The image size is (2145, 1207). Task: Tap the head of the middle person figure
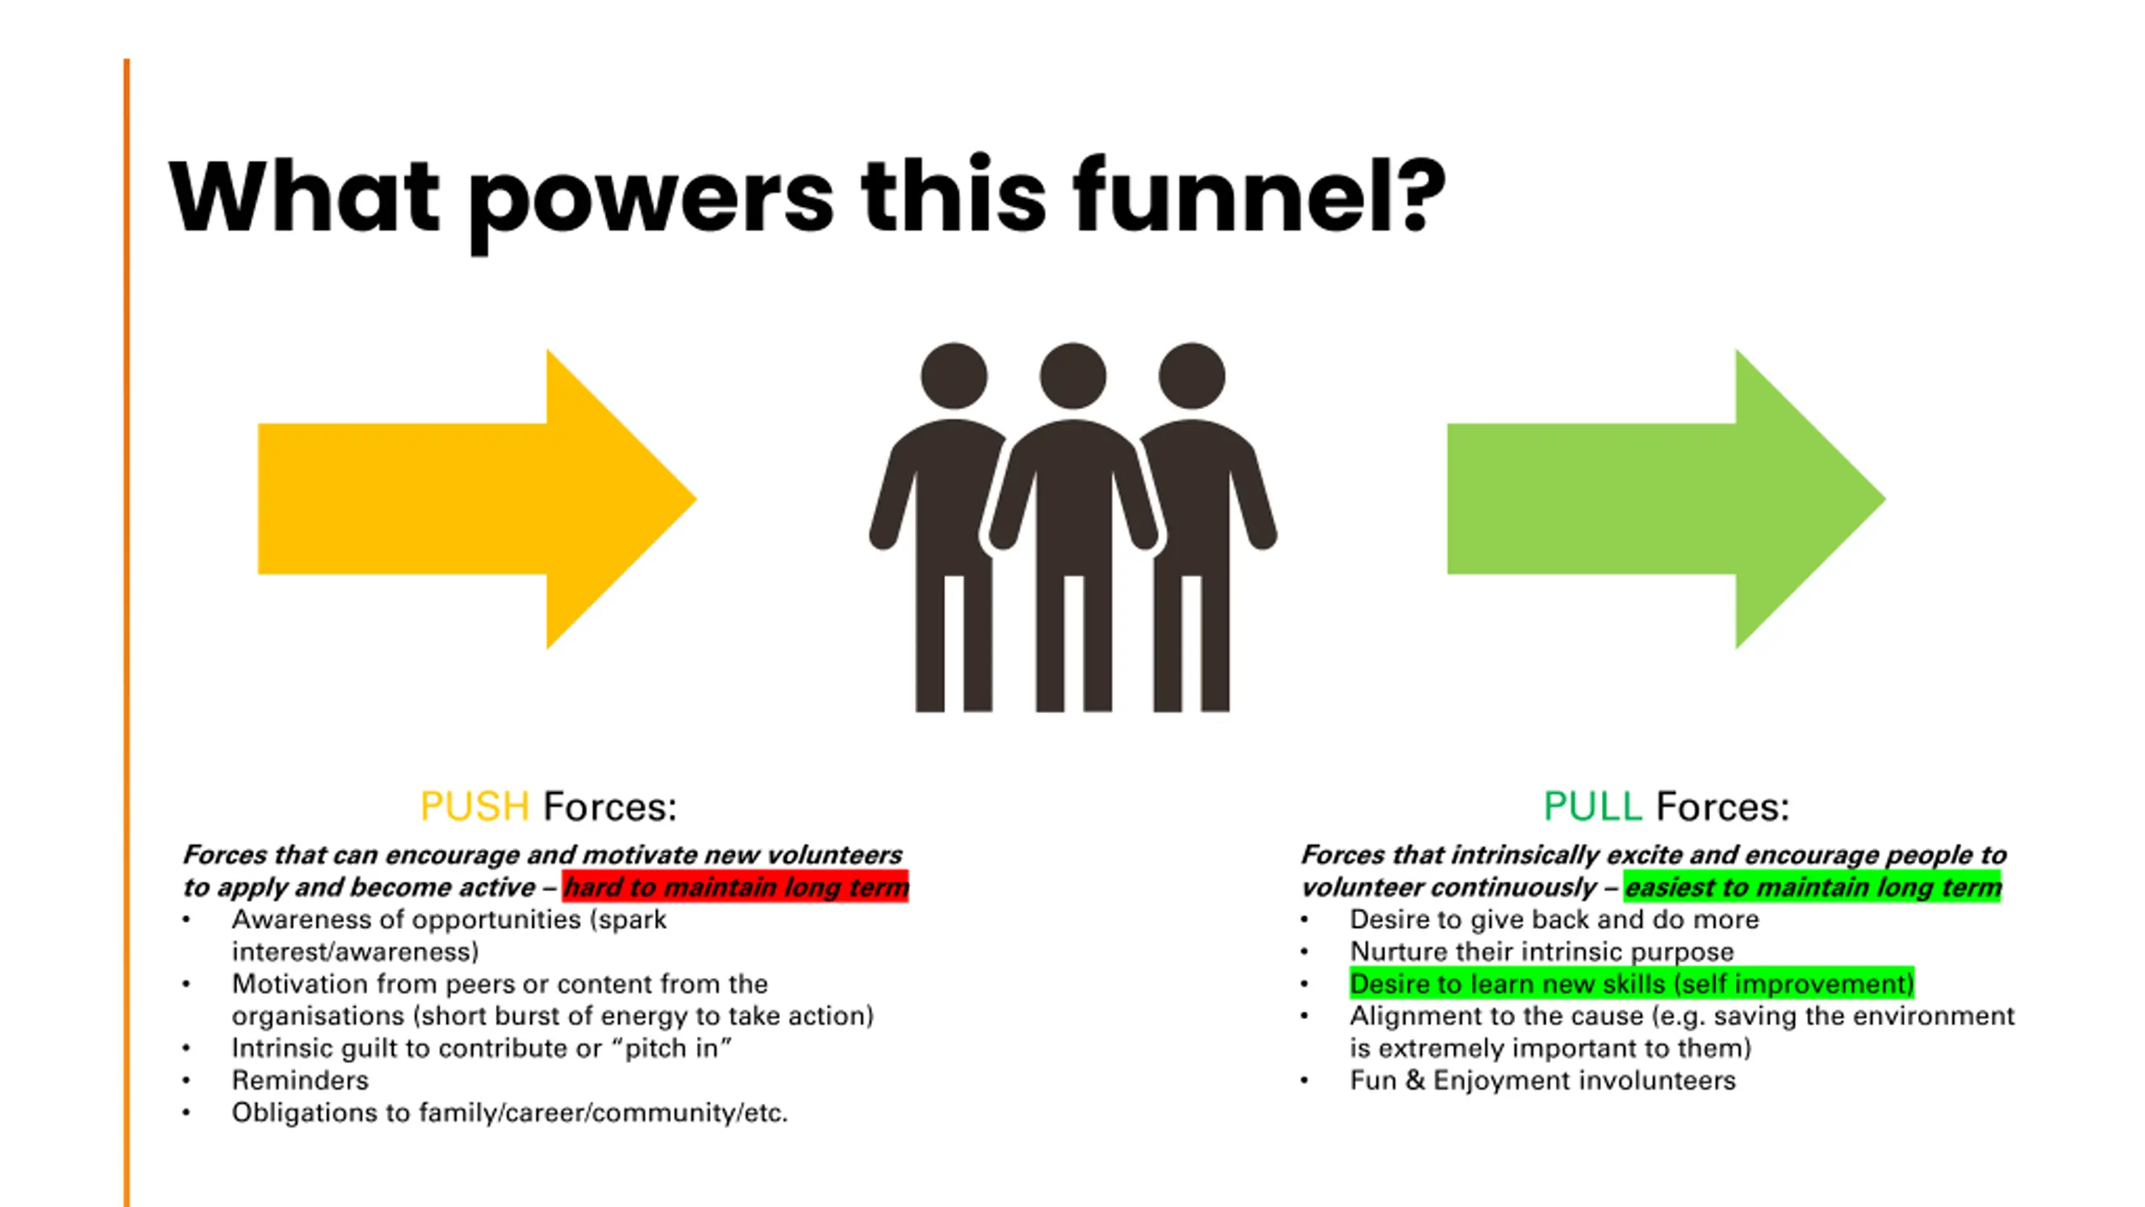coord(1072,376)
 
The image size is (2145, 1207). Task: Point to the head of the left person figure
coord(954,376)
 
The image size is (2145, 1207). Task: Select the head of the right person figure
coord(1191,376)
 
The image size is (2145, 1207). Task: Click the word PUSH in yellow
coord(474,806)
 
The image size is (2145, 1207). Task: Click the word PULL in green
coord(1592,806)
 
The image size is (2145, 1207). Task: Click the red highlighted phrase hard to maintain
coord(735,887)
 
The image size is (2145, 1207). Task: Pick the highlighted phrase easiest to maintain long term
coord(1812,887)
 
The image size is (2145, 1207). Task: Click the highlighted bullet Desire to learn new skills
coord(1631,984)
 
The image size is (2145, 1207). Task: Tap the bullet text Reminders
coord(300,1080)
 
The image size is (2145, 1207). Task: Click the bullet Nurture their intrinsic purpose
coord(1542,952)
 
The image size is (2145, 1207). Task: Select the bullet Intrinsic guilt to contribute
coord(481,1049)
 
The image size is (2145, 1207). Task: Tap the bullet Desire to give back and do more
coord(1554,919)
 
